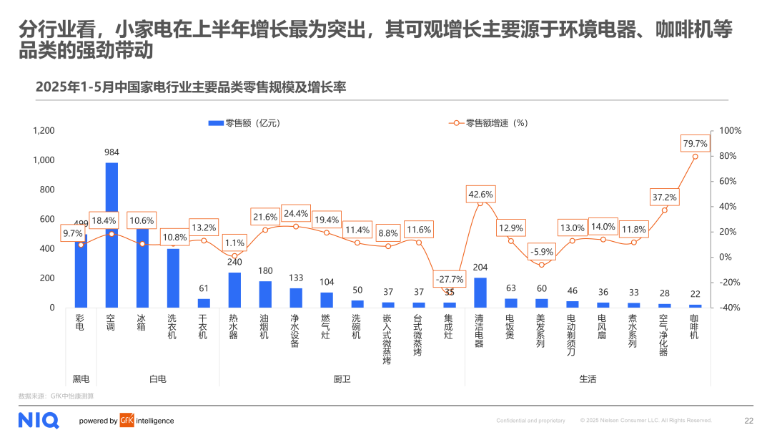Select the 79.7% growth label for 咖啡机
tap(695, 144)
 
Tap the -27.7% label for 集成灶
tap(450, 279)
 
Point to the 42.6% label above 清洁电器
tap(480, 194)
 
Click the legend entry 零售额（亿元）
tap(243, 123)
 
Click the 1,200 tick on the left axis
tap(43, 131)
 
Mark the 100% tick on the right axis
tap(730, 131)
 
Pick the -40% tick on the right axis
tap(730, 308)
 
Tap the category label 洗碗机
tap(357, 326)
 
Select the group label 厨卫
tap(342, 378)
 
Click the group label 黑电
tap(81, 378)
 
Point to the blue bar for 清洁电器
tap(480, 293)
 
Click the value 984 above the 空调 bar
tap(112, 152)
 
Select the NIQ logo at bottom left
tap(39, 420)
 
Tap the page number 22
tap(748, 421)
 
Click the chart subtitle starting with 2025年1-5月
tap(191, 87)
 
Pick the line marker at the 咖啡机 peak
tap(695, 157)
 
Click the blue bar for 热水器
tap(234, 290)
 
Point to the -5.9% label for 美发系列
tap(542, 252)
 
